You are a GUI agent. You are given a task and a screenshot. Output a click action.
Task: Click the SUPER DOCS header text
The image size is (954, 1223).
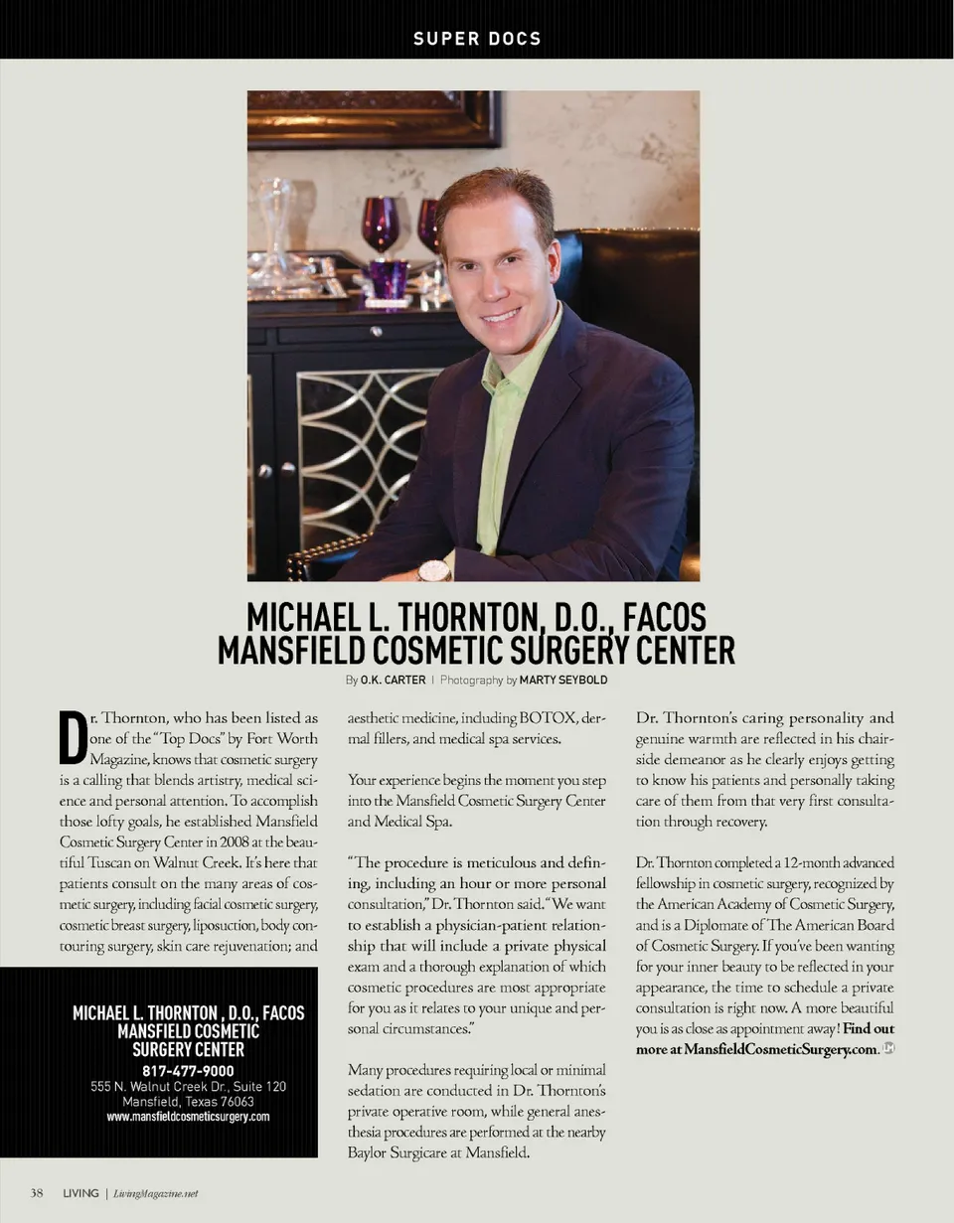[477, 39]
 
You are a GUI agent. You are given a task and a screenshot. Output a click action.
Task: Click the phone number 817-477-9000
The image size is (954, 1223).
[188, 1070]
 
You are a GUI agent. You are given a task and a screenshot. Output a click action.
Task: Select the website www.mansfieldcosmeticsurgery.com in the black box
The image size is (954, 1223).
[188, 1116]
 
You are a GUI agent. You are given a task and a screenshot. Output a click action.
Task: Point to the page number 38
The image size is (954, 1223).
[36, 1193]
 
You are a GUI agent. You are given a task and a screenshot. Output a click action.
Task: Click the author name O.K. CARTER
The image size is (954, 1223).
[393, 681]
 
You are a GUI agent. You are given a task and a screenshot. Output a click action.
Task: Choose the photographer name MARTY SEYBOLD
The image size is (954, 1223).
[563, 681]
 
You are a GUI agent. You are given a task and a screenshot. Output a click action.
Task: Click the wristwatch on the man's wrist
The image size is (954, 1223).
[434, 570]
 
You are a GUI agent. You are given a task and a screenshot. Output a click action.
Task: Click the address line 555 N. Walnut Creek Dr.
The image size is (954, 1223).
[188, 1086]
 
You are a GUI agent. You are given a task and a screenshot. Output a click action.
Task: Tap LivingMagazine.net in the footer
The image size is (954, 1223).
[156, 1193]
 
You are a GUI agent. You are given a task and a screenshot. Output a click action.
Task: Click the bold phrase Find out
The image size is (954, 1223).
[868, 1028]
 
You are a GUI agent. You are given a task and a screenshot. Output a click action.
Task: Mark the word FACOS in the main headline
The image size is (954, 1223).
[664, 618]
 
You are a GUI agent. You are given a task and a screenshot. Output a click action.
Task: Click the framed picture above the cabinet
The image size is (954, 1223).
[373, 117]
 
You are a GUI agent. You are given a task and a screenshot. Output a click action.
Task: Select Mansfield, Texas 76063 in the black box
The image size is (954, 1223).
[188, 1101]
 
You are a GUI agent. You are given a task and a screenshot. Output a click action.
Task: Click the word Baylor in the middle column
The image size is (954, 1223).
[369, 1152]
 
